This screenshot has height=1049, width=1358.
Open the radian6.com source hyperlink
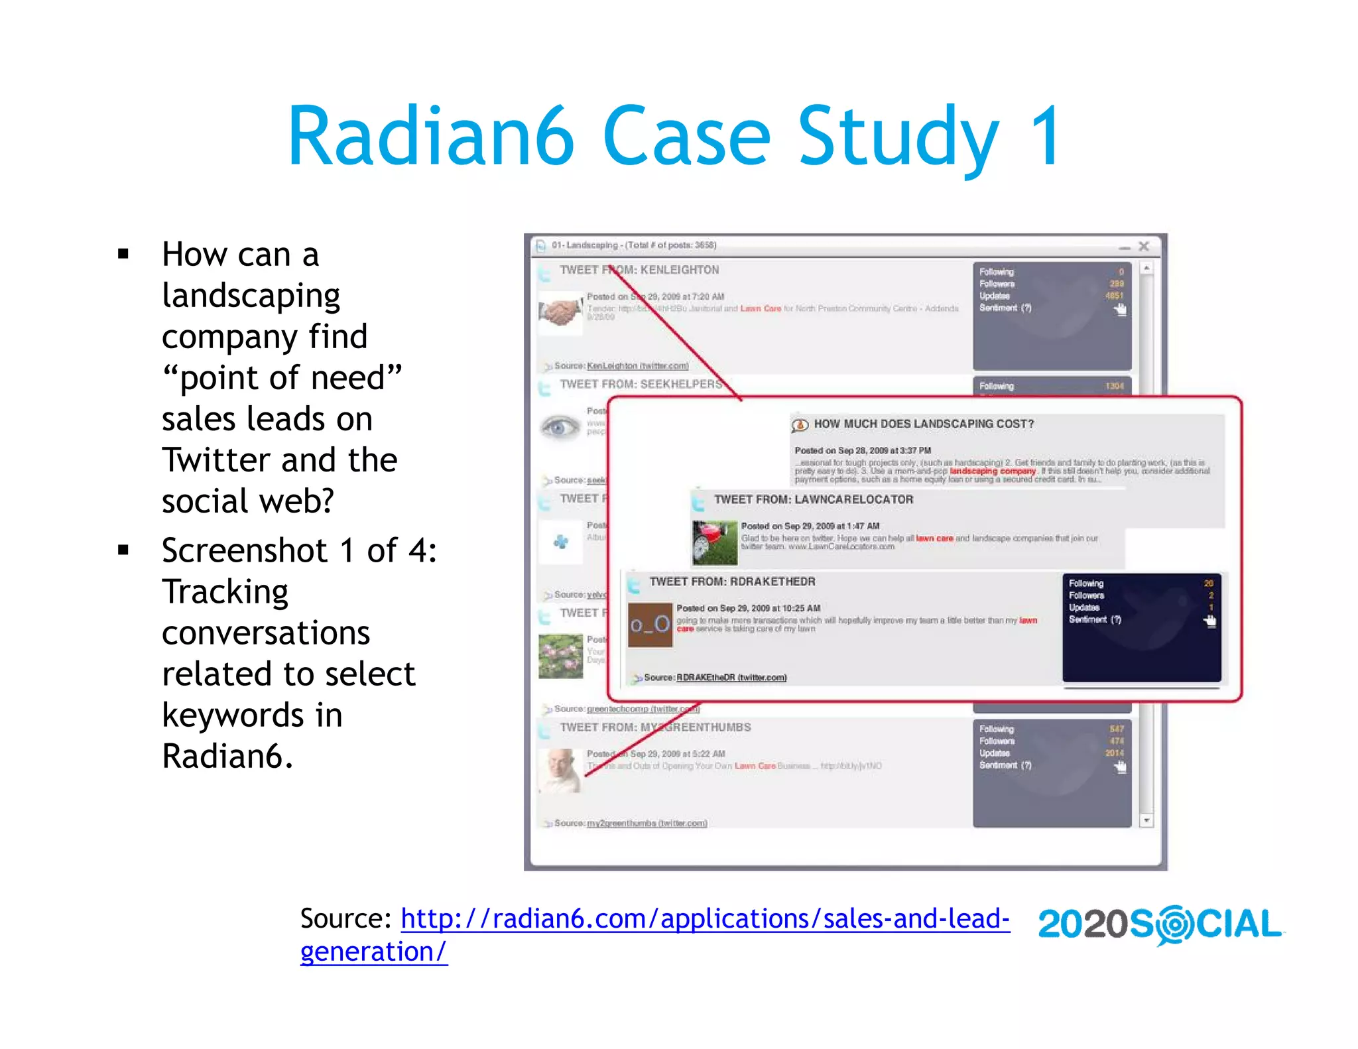(704, 919)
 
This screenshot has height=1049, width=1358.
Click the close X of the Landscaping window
(1144, 246)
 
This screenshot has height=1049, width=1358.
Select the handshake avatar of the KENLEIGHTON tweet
(560, 311)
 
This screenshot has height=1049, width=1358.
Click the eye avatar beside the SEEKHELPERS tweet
(560, 426)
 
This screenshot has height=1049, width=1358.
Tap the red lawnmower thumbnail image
(714, 542)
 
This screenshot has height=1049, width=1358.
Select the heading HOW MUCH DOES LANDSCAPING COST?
(923, 424)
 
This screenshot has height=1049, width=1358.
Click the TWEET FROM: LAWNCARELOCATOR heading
(813, 499)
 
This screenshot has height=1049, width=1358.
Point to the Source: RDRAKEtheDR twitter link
(731, 677)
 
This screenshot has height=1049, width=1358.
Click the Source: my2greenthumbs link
(646, 823)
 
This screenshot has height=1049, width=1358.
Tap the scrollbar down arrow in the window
(1146, 821)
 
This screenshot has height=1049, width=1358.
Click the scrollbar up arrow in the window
(1146, 268)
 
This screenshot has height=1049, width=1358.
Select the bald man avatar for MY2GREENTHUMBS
(561, 770)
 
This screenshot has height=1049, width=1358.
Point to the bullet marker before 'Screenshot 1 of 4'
(123, 550)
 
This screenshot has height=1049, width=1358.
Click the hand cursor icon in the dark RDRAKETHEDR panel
(1209, 621)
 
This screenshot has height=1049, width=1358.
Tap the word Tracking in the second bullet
(225, 591)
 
